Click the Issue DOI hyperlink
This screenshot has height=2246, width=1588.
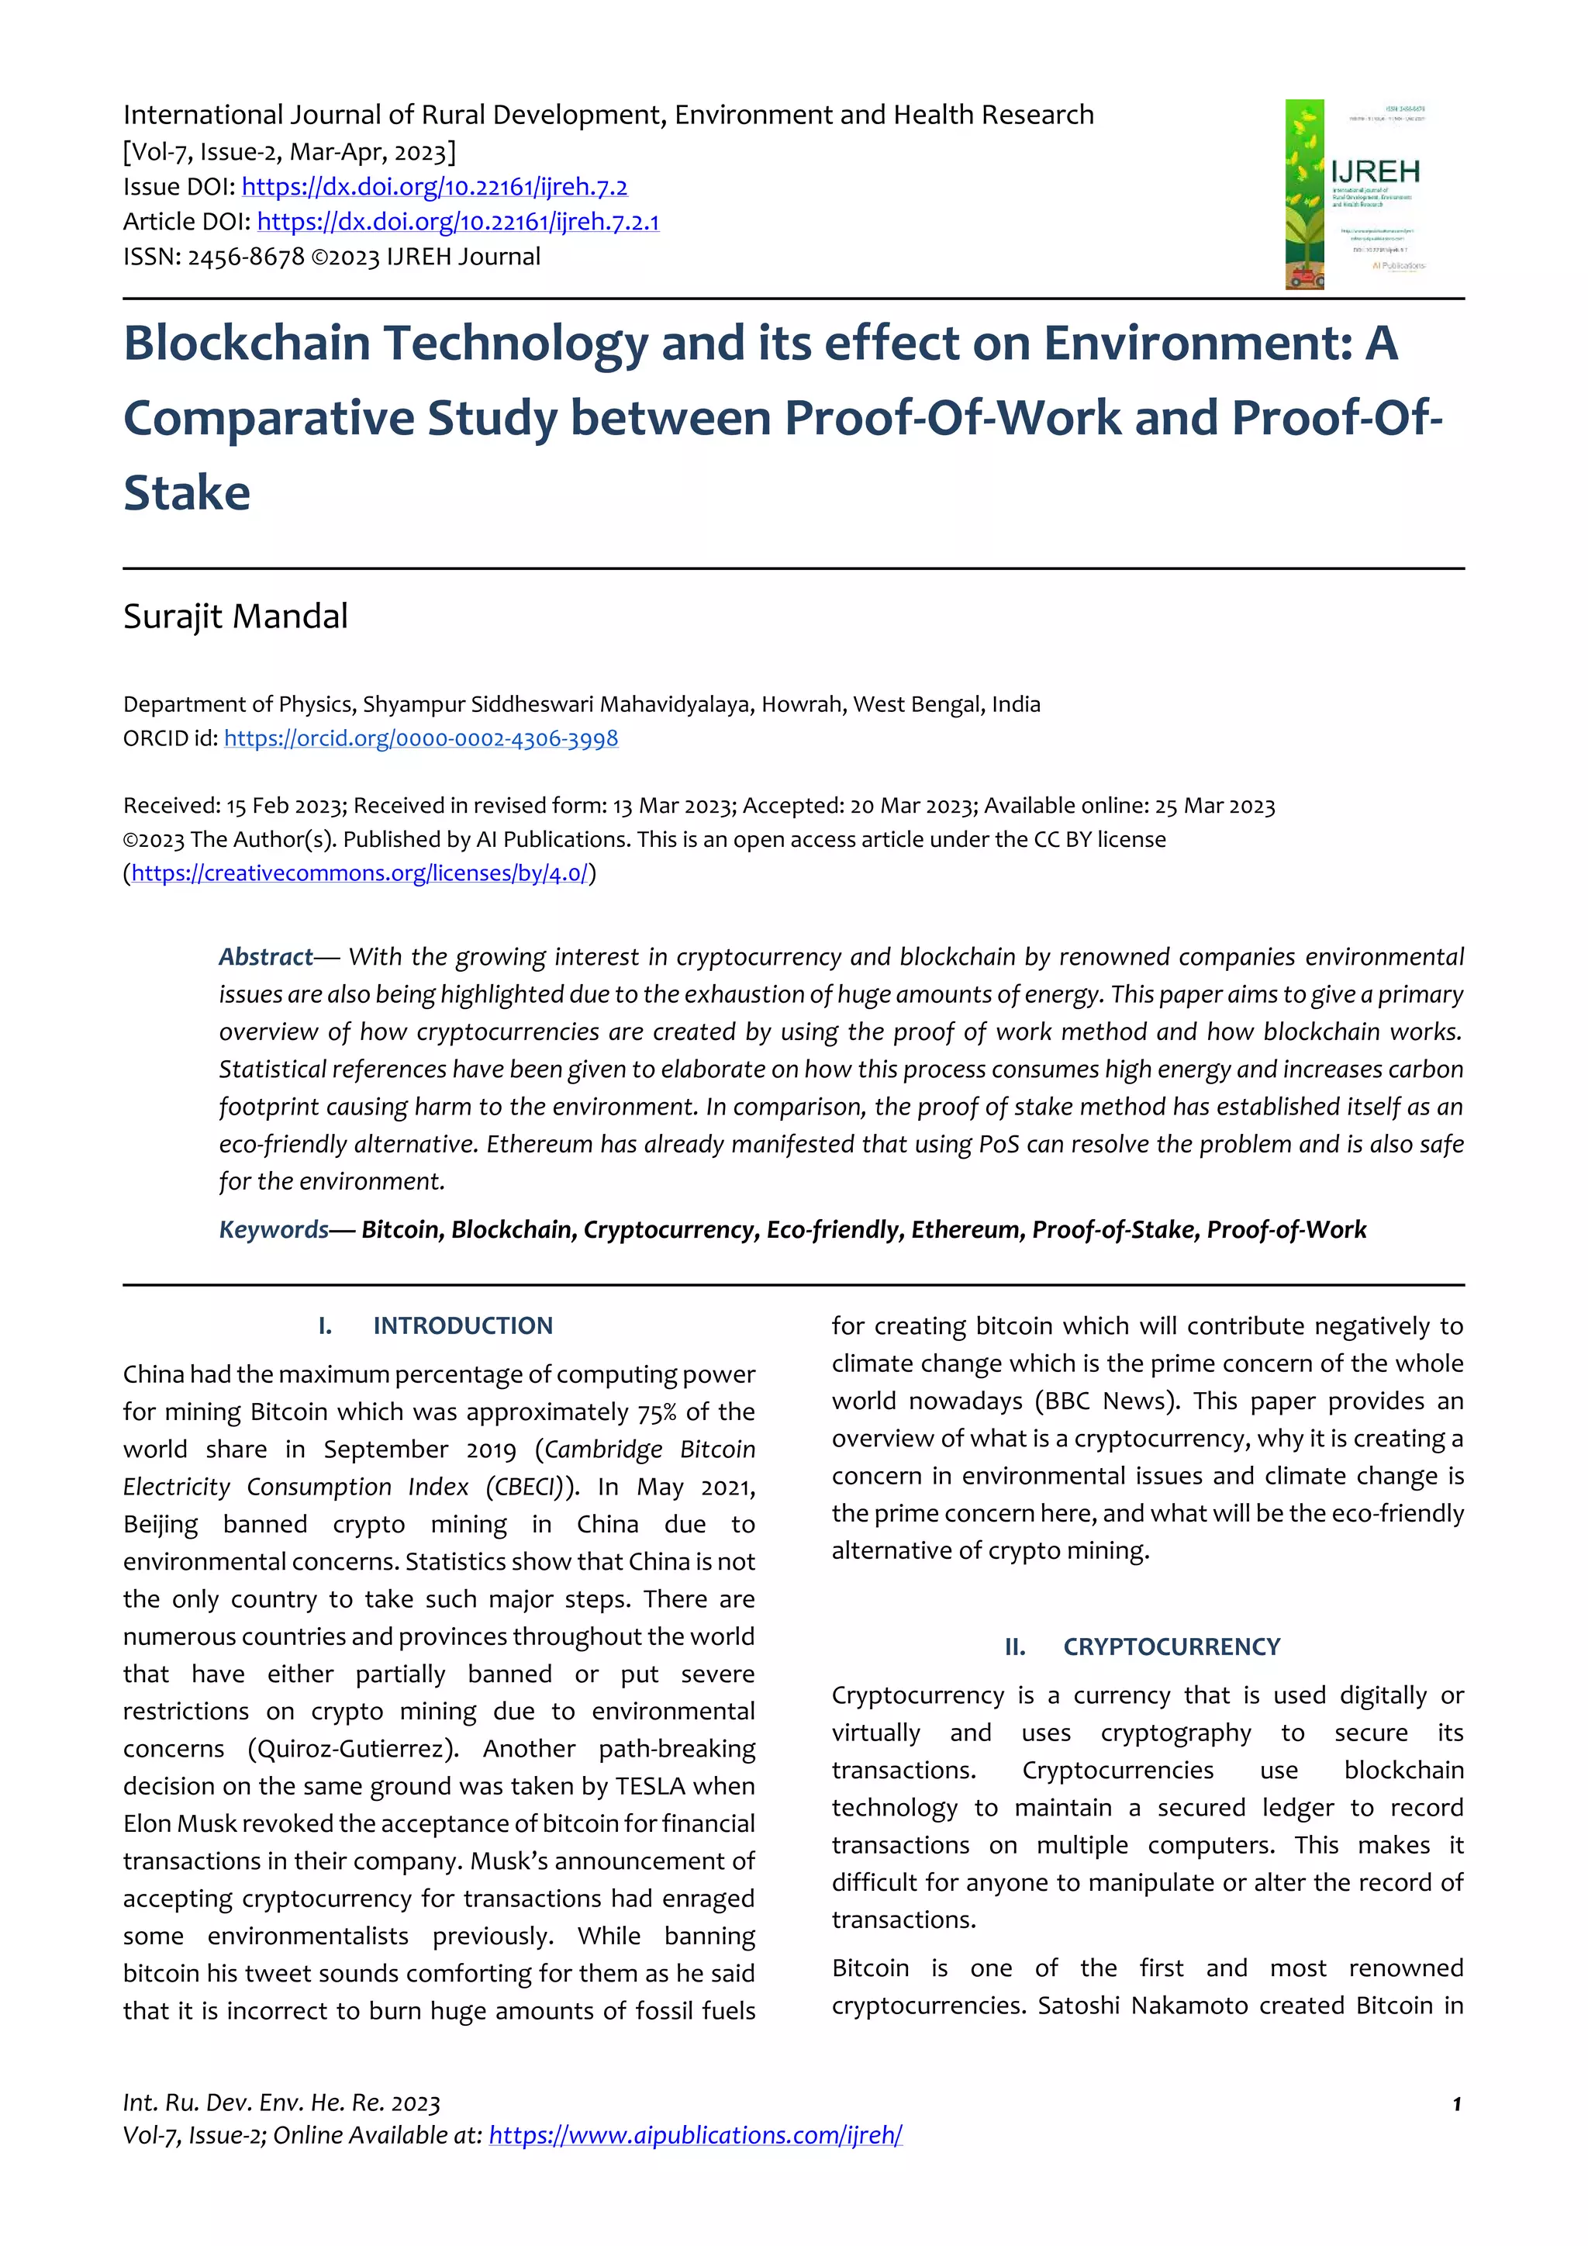click(x=434, y=187)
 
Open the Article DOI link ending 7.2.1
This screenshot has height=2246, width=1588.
click(x=457, y=222)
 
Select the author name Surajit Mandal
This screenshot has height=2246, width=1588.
click(x=236, y=617)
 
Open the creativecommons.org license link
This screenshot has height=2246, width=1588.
click(x=359, y=872)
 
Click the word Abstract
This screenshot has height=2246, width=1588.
click(x=265, y=957)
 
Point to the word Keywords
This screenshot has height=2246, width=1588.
click(x=274, y=1229)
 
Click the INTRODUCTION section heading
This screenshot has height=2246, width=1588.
click(x=462, y=1325)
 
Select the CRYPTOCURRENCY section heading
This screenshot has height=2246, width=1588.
click(x=1172, y=1646)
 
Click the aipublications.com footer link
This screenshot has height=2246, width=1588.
click(x=696, y=2135)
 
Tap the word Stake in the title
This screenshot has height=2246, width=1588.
click(x=187, y=492)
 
